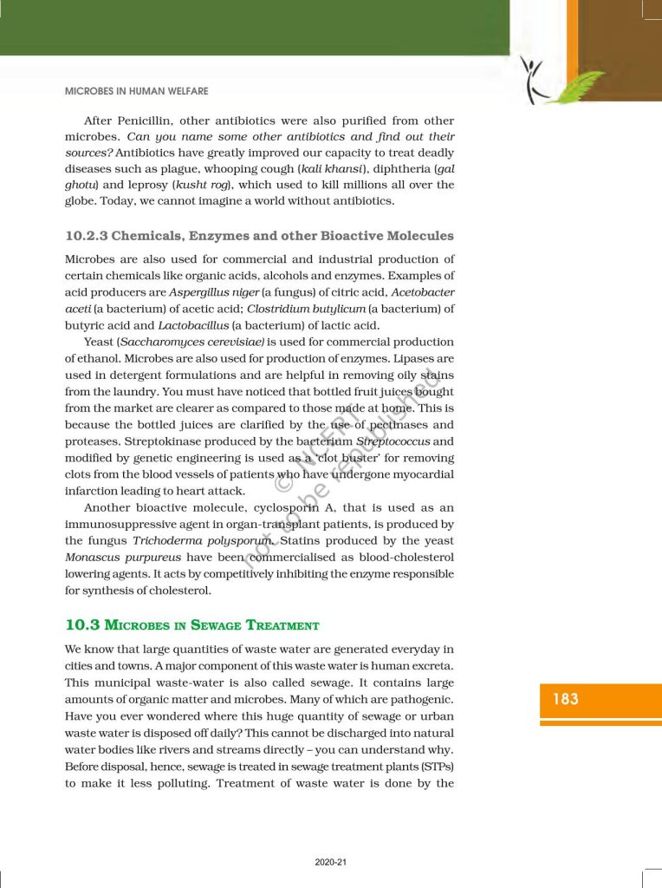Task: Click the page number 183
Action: click(x=565, y=698)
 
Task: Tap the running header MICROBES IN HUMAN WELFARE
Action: click(x=137, y=91)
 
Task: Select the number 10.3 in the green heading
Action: click(x=79, y=624)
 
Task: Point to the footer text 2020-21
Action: click(x=330, y=862)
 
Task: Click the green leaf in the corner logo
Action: click(x=574, y=86)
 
